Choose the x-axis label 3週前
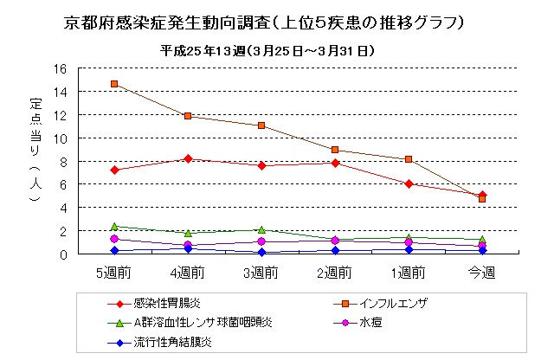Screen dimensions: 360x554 pyautogui.click(x=261, y=273)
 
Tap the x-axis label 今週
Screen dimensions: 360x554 pyautogui.click(x=481, y=273)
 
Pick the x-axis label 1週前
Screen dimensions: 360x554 pyautogui.click(x=408, y=273)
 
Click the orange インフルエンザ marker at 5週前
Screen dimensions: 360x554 pyautogui.click(x=114, y=84)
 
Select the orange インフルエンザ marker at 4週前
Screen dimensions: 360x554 pyautogui.click(x=188, y=116)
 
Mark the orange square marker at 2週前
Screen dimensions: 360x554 pyautogui.click(x=335, y=150)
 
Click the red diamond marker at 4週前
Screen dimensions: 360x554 pyautogui.click(x=188, y=158)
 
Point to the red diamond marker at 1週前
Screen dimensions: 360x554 pyautogui.click(x=409, y=183)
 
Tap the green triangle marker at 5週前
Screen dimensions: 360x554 pyautogui.click(x=114, y=226)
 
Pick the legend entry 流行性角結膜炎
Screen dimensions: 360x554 pyautogui.click(x=172, y=342)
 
